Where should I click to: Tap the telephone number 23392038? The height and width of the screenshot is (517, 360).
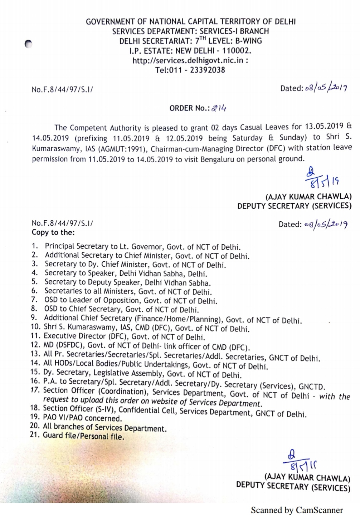207,70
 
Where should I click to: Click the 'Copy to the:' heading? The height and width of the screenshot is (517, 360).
53,232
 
